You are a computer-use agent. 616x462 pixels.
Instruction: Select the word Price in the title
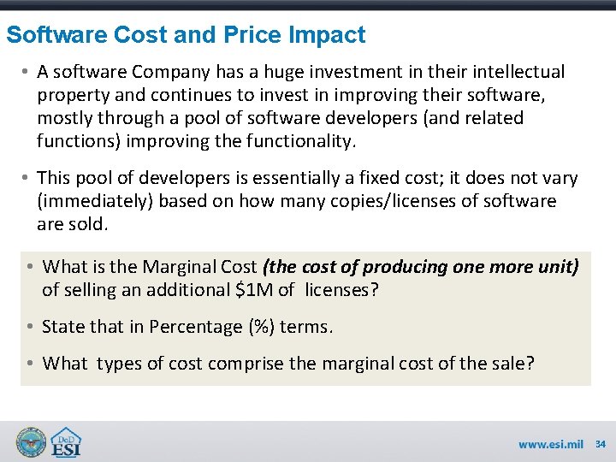[253, 35]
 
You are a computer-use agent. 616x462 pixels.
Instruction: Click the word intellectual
[512, 71]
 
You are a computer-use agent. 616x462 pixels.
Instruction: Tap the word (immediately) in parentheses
[90, 201]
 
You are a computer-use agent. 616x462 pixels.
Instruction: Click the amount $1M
[253, 290]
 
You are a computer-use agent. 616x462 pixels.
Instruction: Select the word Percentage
[196, 327]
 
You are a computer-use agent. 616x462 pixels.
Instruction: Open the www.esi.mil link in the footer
[550, 444]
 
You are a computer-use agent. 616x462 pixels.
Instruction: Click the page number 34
[601, 444]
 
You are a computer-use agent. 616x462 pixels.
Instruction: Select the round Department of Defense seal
[32, 441]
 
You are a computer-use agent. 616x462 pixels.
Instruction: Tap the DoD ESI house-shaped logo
[68, 441]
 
